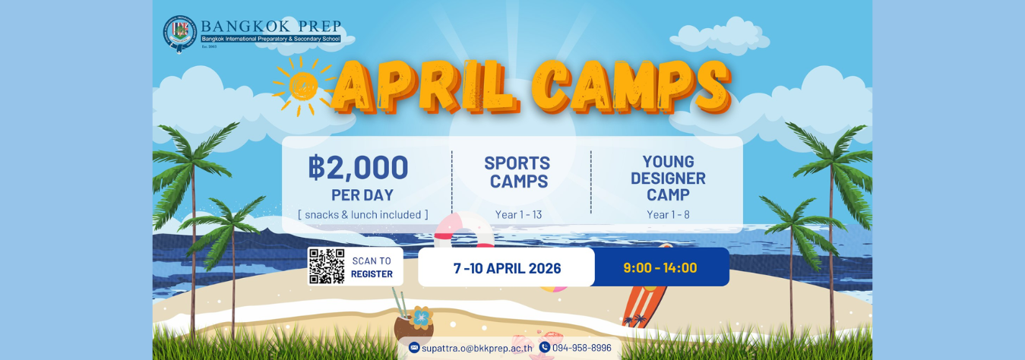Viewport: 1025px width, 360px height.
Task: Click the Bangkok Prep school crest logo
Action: tap(180, 33)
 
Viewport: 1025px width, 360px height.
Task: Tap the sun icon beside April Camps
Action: tap(303, 86)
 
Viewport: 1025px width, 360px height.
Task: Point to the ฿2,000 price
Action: tap(358, 168)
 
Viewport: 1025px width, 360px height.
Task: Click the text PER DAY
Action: tap(362, 194)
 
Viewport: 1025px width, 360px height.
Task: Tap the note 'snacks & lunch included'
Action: tap(363, 215)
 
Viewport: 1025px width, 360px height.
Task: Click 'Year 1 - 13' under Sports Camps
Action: tap(518, 215)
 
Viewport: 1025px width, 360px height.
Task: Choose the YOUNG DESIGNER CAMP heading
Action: tap(668, 178)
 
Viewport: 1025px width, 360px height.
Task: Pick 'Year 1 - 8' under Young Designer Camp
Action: tap(668, 215)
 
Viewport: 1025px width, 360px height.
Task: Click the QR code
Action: tap(327, 267)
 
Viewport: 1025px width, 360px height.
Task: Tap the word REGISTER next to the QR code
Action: tap(372, 274)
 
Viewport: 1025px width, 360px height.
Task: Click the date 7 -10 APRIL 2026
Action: tap(507, 268)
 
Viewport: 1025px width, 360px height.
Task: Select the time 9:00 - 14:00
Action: tap(660, 267)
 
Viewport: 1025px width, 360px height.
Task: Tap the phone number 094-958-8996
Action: tap(582, 348)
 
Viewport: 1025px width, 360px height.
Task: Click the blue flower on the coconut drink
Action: tap(420, 316)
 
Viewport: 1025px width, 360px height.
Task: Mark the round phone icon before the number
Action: tap(544, 347)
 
